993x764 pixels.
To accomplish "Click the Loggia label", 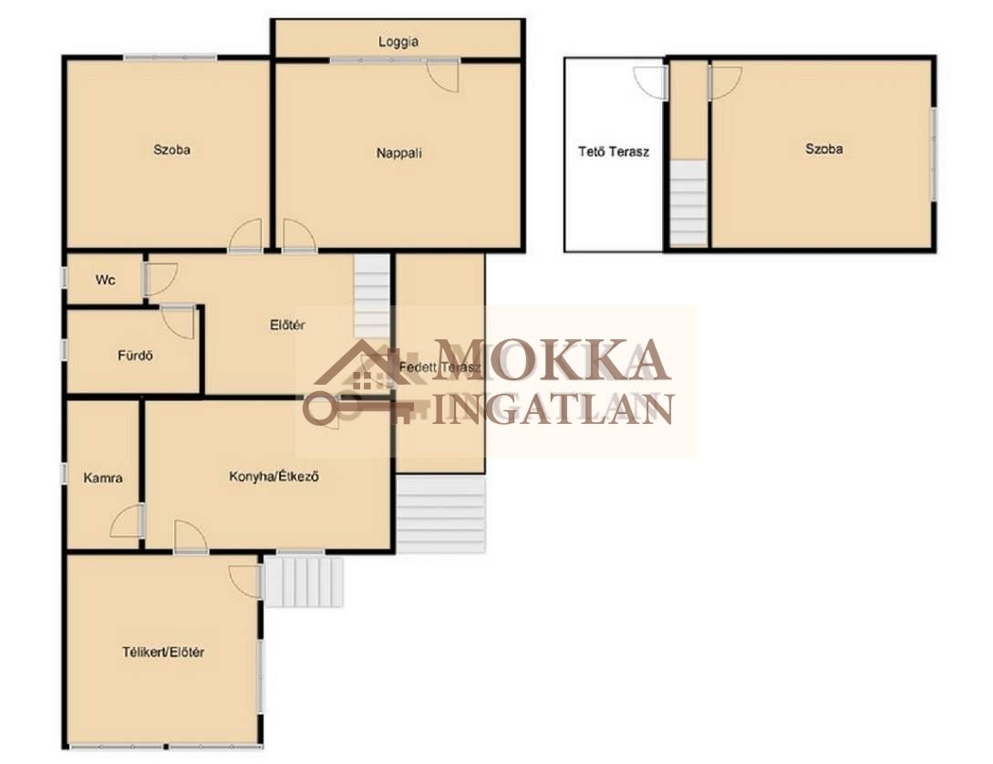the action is pos(398,42).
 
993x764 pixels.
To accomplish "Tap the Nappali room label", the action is pos(399,152).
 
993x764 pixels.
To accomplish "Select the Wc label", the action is pos(105,279).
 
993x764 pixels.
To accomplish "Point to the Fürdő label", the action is pos(135,355).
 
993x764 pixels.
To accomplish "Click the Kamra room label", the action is pos(103,478).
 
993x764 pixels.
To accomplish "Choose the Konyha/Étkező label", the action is pos(274,476).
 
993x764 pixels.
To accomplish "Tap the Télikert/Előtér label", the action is pos(162,651).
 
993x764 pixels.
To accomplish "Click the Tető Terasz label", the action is pos(614,151).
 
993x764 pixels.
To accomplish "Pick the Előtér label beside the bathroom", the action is pos(287,325).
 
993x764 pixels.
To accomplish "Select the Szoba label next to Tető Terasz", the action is pos(824,149).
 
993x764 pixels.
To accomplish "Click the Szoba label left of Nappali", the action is pos(171,150).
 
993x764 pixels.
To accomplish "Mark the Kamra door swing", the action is pos(127,521).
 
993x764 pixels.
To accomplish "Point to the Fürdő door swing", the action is pos(178,322).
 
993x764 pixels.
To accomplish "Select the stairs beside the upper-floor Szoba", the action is pos(688,202).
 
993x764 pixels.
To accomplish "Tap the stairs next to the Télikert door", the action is pos(304,582).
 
